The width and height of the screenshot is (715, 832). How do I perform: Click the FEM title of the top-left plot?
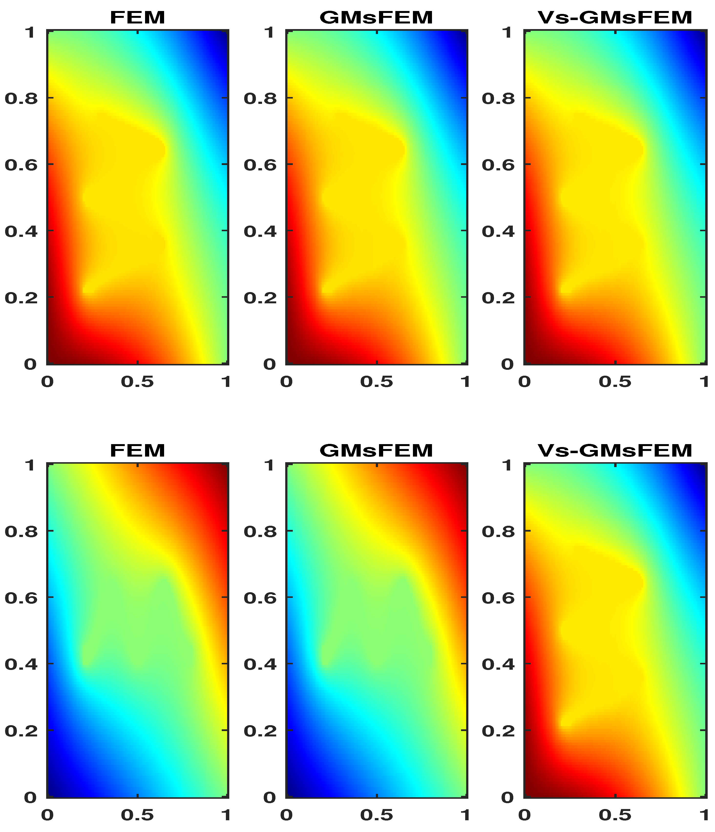point(138,18)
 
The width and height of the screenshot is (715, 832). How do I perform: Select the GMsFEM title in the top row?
point(376,18)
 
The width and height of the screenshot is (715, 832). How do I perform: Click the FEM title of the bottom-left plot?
point(138,450)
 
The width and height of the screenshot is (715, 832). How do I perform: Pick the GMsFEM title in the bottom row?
point(376,450)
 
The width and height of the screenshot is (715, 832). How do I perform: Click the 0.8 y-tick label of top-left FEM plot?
point(21,98)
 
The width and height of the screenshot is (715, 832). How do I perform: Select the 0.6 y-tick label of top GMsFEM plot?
point(260,165)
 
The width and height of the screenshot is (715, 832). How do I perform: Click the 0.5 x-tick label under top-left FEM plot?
point(138,382)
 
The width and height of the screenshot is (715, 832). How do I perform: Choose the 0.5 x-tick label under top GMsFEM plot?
point(376,382)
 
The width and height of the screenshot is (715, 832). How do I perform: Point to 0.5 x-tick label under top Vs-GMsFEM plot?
point(615,382)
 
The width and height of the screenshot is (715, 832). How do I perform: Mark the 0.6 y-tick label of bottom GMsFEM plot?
point(260,598)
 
